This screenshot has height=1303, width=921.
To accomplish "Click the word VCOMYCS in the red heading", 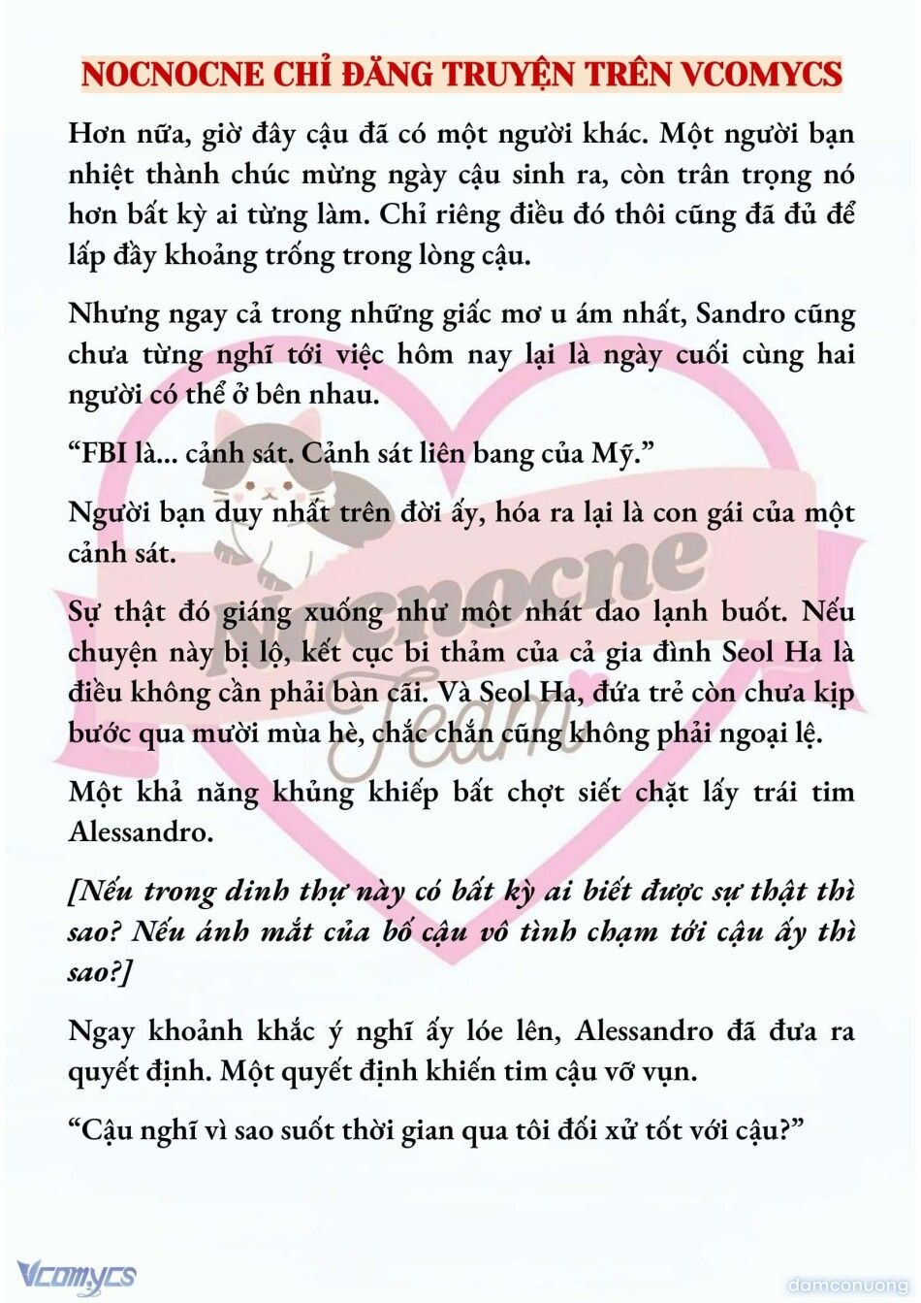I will tap(762, 75).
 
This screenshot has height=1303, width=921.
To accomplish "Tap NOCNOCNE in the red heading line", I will tap(173, 75).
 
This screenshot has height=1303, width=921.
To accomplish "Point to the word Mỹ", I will tap(617, 454).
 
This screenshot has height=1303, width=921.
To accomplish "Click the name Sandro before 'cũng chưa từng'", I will tap(741, 314).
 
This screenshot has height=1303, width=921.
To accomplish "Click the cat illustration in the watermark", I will tap(276, 475).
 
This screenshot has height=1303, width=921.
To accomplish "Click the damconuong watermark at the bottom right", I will tap(846, 1285).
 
